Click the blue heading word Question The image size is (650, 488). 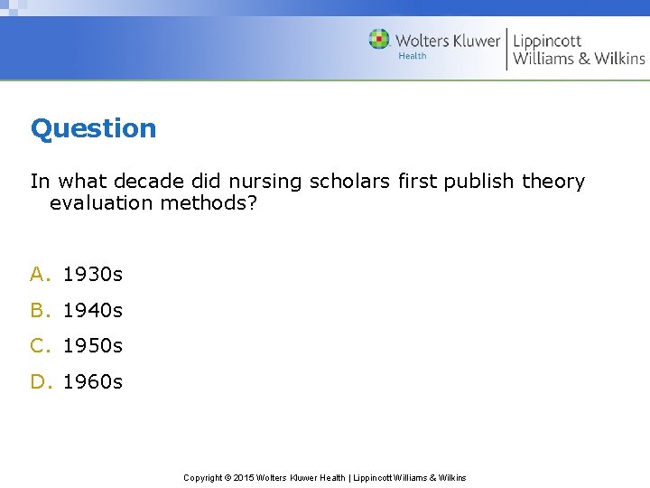coord(93,128)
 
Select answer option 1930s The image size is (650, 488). coord(93,274)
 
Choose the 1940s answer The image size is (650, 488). coord(93,310)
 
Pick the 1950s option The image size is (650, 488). coord(93,345)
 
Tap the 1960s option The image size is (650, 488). coord(93,381)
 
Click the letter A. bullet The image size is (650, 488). coord(42,274)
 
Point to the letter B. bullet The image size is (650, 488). coord(42,310)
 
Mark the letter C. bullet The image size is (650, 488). coord(42,345)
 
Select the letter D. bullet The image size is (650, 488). coord(42,381)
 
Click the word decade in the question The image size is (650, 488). coord(151,182)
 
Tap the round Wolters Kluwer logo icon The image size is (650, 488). coord(379,40)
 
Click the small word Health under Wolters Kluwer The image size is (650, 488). coord(413,57)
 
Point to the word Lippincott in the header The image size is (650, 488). coord(548,40)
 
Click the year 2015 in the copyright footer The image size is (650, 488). coord(243,477)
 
